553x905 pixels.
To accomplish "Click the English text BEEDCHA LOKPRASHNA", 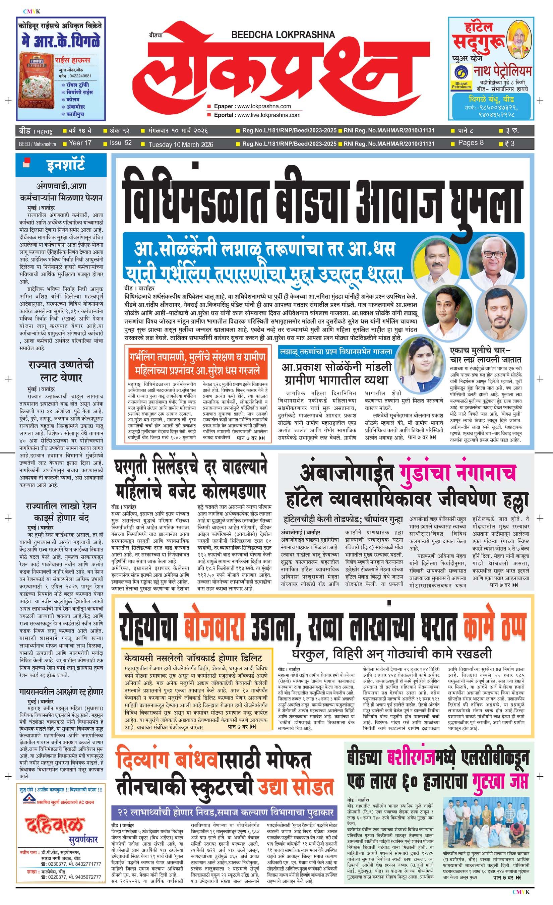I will [x=283, y=35].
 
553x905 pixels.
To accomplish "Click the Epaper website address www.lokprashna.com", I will [x=264, y=106].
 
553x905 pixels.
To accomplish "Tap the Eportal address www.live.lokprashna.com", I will [x=269, y=115].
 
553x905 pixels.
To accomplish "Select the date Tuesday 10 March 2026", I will [x=181, y=144].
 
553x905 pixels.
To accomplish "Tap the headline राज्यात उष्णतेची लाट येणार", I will [x=61, y=371].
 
